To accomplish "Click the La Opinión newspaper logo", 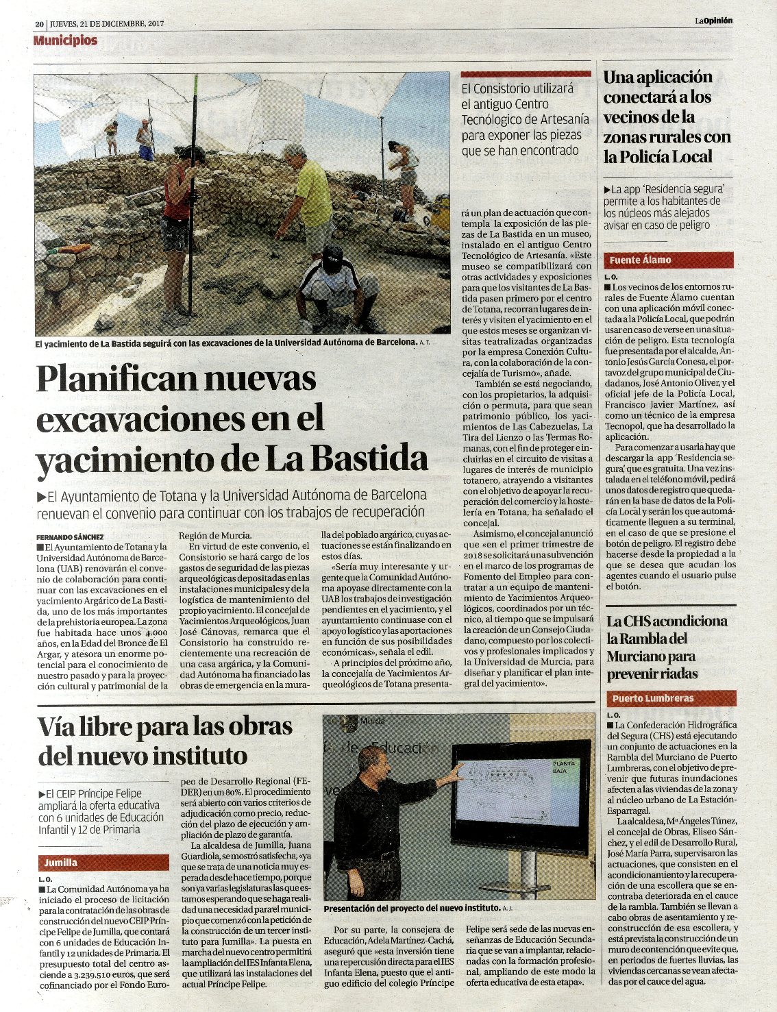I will [713, 21].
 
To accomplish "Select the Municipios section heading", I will [65, 40].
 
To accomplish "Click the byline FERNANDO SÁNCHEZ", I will [70, 536].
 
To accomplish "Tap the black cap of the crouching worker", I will [332, 256].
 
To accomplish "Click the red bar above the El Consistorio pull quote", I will [526, 73].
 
